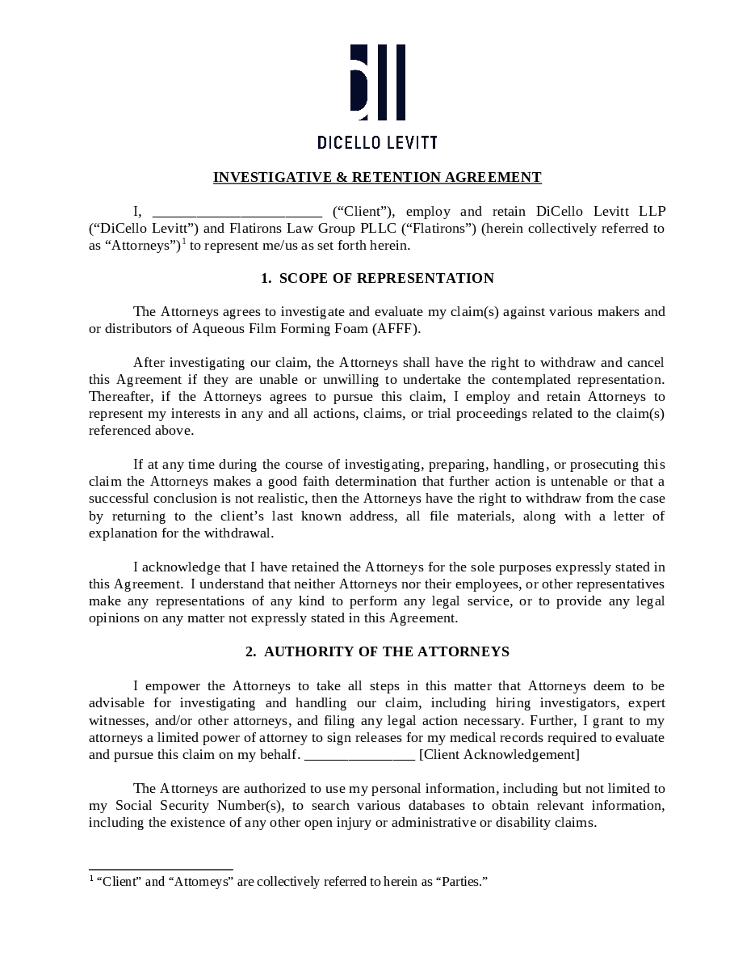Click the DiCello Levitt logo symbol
pos(377,82)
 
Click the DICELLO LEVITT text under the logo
pos(377,143)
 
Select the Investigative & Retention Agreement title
pos(377,177)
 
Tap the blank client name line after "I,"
pos(237,213)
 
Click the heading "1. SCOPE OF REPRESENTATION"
pos(377,278)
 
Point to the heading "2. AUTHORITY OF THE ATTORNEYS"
pos(377,651)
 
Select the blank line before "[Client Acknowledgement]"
pos(360,756)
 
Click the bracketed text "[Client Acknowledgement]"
pos(499,754)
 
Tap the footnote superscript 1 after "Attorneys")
pos(184,241)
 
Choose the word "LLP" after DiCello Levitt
pos(652,211)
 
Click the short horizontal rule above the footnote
pos(161,870)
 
